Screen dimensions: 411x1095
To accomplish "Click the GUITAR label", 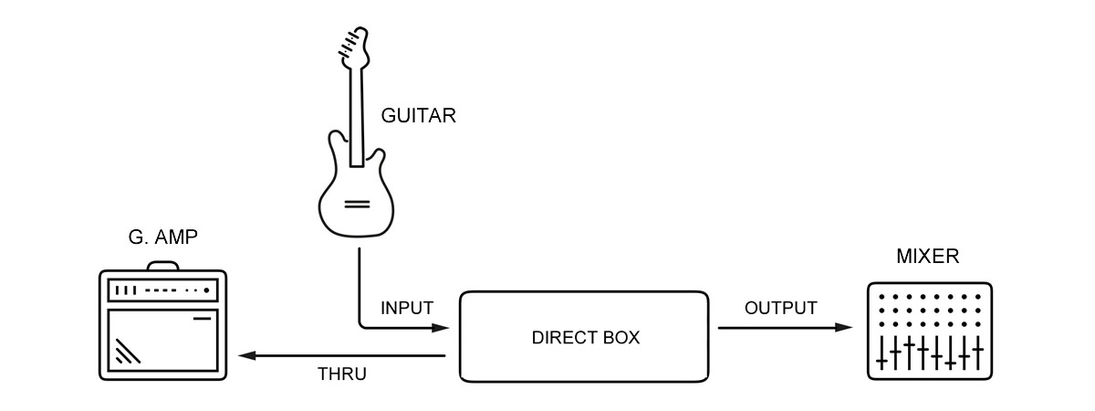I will pyautogui.click(x=418, y=117).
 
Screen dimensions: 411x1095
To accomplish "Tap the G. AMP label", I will pyautogui.click(x=163, y=240).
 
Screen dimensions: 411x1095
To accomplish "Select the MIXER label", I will pyautogui.click(x=928, y=257).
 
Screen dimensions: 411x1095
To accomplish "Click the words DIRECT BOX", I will pyautogui.click(x=585, y=338).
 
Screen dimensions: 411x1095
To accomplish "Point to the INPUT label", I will pyautogui.click(x=406, y=307).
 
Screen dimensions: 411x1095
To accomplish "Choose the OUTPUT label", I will pyautogui.click(x=780, y=308).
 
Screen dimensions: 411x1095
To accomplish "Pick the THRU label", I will pyautogui.click(x=342, y=373).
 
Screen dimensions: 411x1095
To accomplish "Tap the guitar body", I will pyautogui.click(x=355, y=196).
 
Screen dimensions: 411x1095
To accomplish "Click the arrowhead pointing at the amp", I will pyautogui.click(x=243, y=355).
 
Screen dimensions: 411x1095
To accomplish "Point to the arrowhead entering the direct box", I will pyautogui.click(x=446, y=327).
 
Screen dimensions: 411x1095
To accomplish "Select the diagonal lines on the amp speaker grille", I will pyautogui.click(x=127, y=351).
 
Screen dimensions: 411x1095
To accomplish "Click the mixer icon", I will pyautogui.click(x=928, y=331).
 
